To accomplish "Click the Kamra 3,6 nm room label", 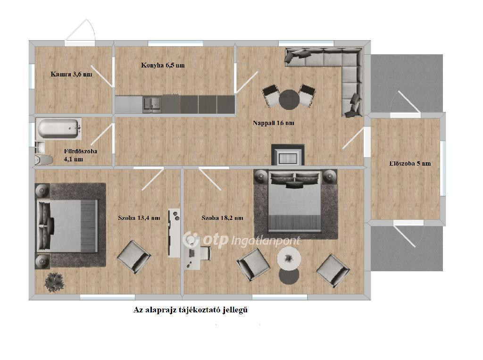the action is pos(71,74).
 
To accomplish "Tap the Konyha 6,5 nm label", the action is pos(163,65).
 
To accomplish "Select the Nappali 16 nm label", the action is pos(274,123).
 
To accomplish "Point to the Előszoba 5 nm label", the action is pos(410,164).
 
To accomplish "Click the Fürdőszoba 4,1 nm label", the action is pos(80,155).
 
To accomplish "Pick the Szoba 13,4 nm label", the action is pos(139,218).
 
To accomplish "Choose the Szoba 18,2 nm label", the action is pos(223,218).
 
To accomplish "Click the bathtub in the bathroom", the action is pos(58,128).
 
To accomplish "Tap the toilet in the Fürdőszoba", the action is pos(43,159).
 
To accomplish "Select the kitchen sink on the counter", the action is pos(152,103).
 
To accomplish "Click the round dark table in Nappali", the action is pos(289,99).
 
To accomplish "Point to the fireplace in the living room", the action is pos(288,155).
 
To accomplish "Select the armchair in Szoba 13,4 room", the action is pos(134,257).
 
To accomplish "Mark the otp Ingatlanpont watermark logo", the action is pos(241,240).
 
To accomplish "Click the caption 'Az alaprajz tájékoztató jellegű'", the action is pos(191,310).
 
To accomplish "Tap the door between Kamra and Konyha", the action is pos(102,76).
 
